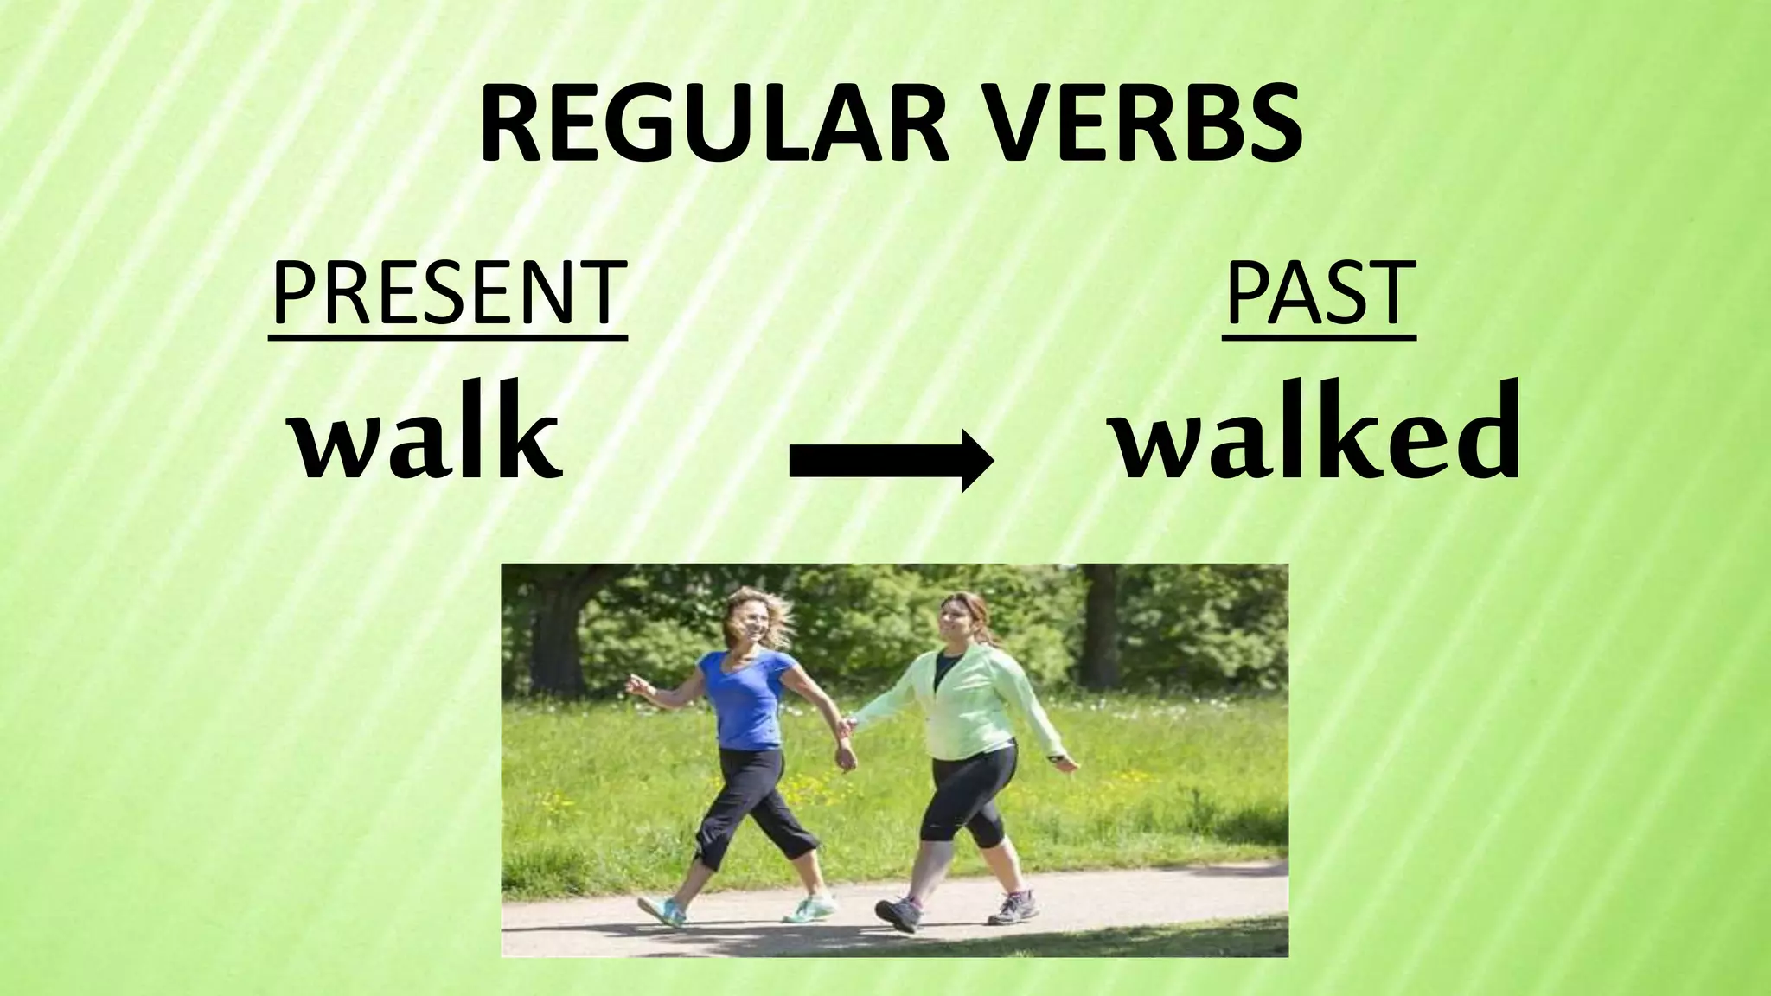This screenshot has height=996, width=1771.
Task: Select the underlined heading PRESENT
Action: [x=447, y=294]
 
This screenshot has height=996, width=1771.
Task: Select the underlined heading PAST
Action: [x=1319, y=294]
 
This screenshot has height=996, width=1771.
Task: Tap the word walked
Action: [x=1316, y=433]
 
